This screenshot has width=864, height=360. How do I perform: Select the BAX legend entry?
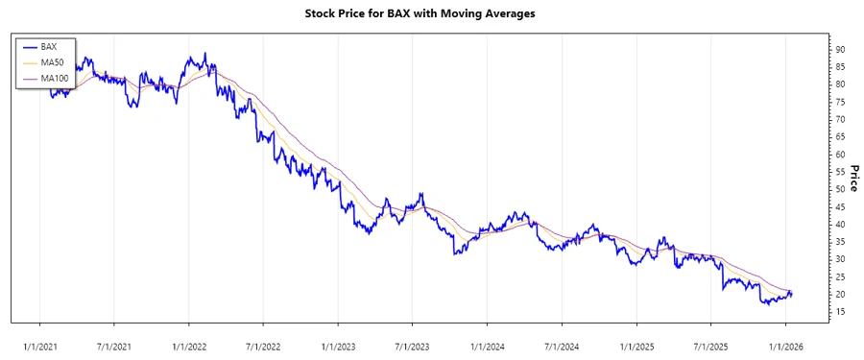(49, 46)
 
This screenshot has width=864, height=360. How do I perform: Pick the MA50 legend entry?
(52, 61)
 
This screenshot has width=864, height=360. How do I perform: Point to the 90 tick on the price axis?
(840, 49)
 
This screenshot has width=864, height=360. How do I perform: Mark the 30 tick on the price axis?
(840, 259)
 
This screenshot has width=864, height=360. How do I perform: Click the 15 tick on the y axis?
(840, 312)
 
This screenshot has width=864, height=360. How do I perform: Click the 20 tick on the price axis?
(840, 294)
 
